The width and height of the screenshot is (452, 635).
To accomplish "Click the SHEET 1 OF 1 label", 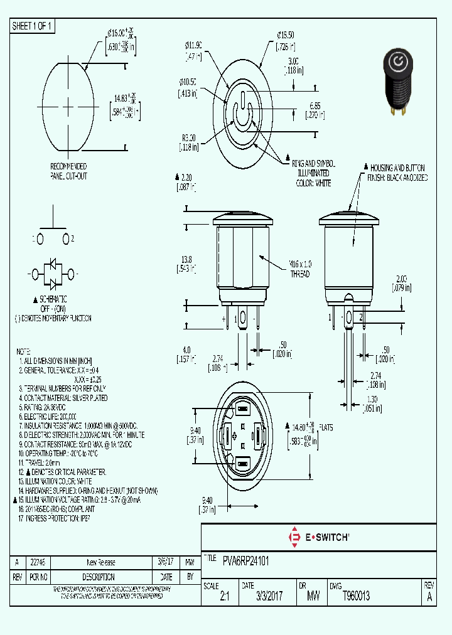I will [33, 26].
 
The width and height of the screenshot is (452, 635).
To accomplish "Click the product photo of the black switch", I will [396, 85].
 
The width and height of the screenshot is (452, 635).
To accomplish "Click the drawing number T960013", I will [356, 597].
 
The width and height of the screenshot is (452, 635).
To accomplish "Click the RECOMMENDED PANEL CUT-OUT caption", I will [68, 171].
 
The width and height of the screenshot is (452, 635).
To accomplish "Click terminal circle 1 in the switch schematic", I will [40, 239].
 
